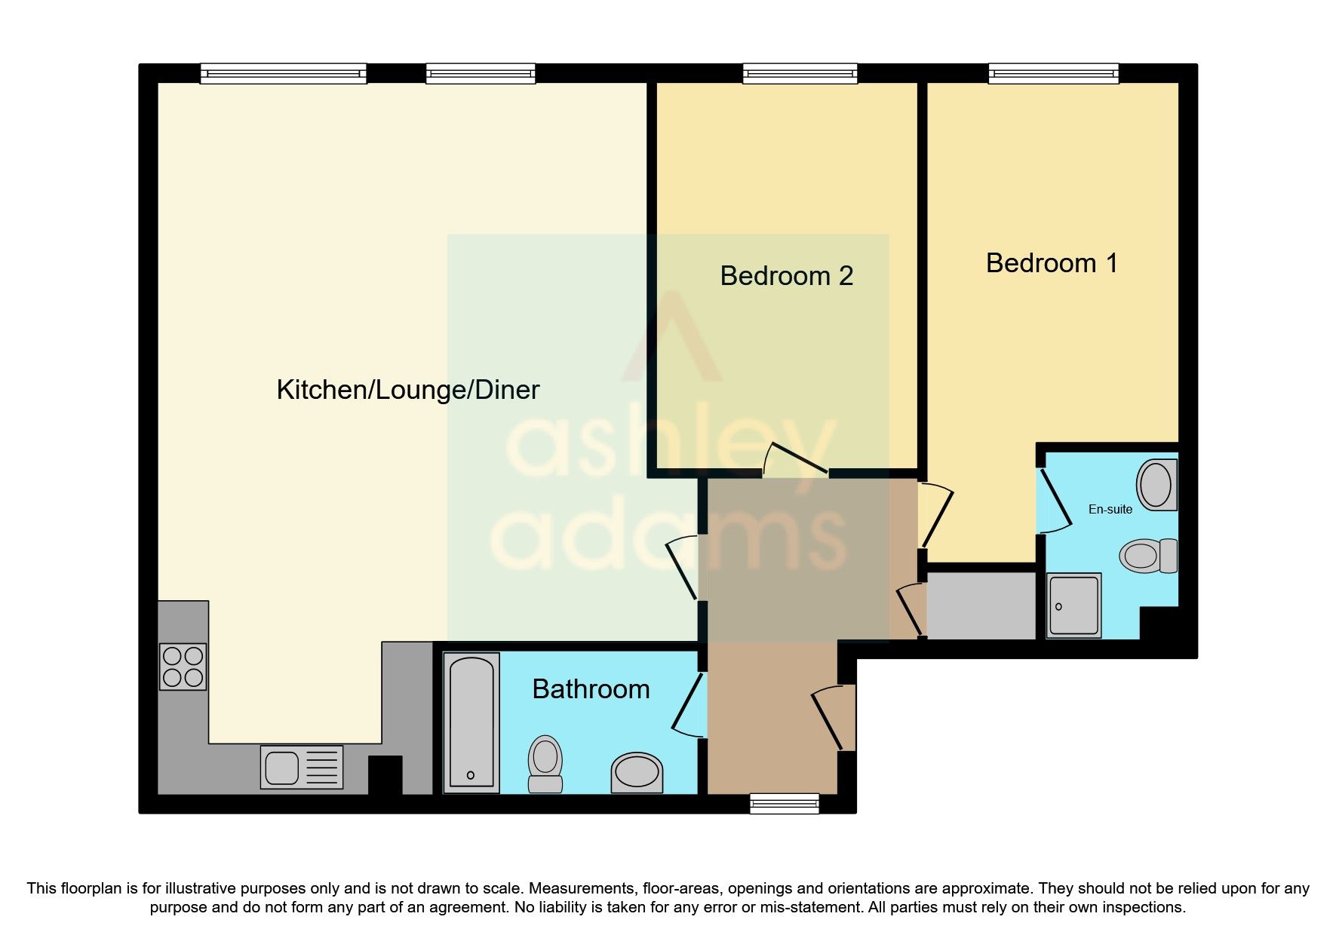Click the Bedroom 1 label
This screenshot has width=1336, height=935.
coord(1051,263)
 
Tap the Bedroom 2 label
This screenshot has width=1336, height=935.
coord(786,276)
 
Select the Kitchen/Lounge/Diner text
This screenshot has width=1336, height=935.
coord(407,390)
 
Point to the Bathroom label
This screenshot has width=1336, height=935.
coord(591,689)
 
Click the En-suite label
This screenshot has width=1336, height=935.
coord(1110,510)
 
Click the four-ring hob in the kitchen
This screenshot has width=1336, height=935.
coord(183,667)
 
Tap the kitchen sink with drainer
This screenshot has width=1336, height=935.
coord(301,768)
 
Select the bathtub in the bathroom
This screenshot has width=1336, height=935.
coord(471,722)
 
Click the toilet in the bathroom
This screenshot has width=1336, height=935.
coord(545,763)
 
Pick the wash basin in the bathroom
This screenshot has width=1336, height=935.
coord(637,772)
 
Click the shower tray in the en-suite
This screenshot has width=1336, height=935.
coord(1073,605)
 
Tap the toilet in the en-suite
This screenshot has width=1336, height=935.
coord(1147,556)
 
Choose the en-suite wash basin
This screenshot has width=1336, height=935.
coord(1156,485)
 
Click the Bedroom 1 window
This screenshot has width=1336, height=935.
coord(1053,74)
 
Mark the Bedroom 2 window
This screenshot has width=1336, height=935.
coord(800,74)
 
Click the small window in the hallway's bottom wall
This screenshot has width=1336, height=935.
coord(784,804)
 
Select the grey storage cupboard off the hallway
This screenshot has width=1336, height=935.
coord(981,605)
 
